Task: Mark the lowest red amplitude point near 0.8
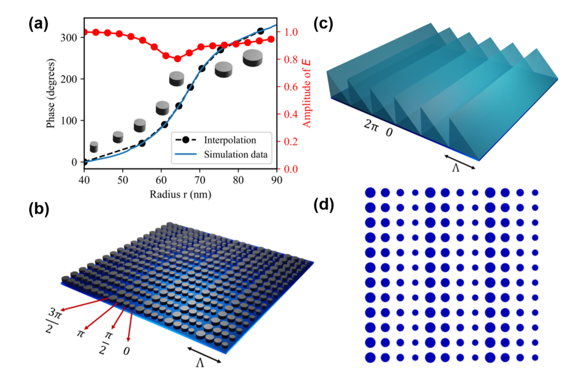pos(178,59)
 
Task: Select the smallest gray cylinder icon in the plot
pos(94,147)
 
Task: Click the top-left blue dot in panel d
pos(370,193)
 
